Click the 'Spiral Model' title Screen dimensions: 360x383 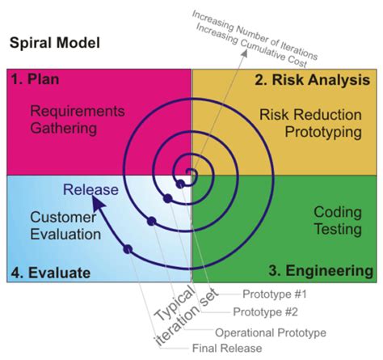click(54, 41)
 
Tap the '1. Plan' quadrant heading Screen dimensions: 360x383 click(36, 80)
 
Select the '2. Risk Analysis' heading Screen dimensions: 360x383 click(313, 80)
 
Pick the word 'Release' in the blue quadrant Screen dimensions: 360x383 click(92, 190)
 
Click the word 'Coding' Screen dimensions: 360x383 click(337, 212)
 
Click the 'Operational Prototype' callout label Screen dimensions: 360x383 click(270, 331)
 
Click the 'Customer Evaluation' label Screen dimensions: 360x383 click(65, 226)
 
